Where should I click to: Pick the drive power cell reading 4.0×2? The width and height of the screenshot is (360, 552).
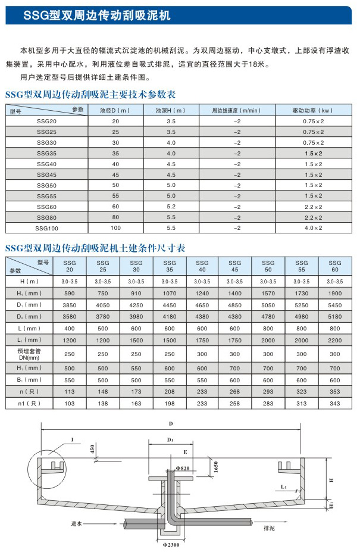click(312, 227)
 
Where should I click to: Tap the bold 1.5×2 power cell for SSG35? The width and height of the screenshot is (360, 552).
click(312, 153)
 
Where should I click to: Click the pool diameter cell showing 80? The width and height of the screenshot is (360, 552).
click(115, 217)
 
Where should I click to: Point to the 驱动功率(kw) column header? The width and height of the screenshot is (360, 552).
click(312, 111)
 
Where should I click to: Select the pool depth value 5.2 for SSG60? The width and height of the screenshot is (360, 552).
click(171, 206)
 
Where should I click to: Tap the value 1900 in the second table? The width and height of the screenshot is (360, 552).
click(334, 292)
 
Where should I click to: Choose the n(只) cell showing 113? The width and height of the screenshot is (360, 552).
click(70, 392)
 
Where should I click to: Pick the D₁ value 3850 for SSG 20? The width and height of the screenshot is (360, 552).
click(70, 304)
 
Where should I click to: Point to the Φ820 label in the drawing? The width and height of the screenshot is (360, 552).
click(182, 469)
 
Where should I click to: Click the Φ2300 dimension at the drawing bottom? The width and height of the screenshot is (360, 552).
click(171, 543)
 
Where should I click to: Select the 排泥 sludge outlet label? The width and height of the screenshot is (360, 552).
click(269, 527)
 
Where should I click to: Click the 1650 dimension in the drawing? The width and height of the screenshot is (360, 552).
click(217, 470)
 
